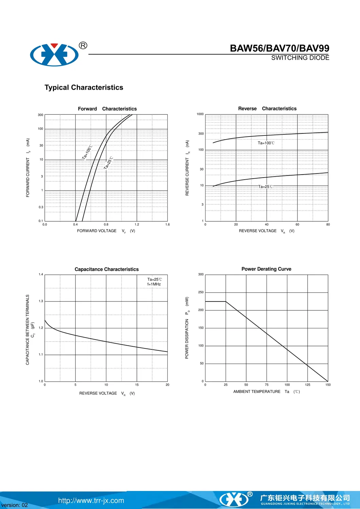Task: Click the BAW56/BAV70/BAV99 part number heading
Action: pyautogui.click(x=280, y=48)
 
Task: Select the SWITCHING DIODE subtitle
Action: pyautogui.click(x=300, y=58)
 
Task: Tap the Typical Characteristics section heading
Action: pyautogui.click(x=84, y=88)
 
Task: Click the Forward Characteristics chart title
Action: pyautogui.click(x=107, y=109)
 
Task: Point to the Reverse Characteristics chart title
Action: pyautogui.click(x=267, y=109)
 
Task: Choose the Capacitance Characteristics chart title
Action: pyautogui.click(x=107, y=269)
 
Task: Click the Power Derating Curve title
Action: pyautogui.click(x=266, y=269)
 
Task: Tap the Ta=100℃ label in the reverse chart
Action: pyautogui.click(x=266, y=143)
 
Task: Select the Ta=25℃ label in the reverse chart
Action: pyautogui.click(x=265, y=186)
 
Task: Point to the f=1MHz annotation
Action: pyautogui.click(x=154, y=284)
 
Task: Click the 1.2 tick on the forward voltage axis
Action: pyautogui.click(x=137, y=224)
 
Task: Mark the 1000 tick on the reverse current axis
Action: pyautogui.click(x=200, y=114)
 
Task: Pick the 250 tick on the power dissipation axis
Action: pyautogui.click(x=201, y=292)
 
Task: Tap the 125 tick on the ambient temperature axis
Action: pyautogui.click(x=308, y=385)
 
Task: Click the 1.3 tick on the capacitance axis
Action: pyautogui.click(x=41, y=301)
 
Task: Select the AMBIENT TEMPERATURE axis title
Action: pyautogui.click(x=257, y=392)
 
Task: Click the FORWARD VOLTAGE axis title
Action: pyautogui.click(x=97, y=231)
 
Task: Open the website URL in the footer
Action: pyautogui.click(x=91, y=501)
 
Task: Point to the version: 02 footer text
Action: pyautogui.click(x=15, y=505)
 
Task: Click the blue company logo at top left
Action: pyautogui.click(x=54, y=54)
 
